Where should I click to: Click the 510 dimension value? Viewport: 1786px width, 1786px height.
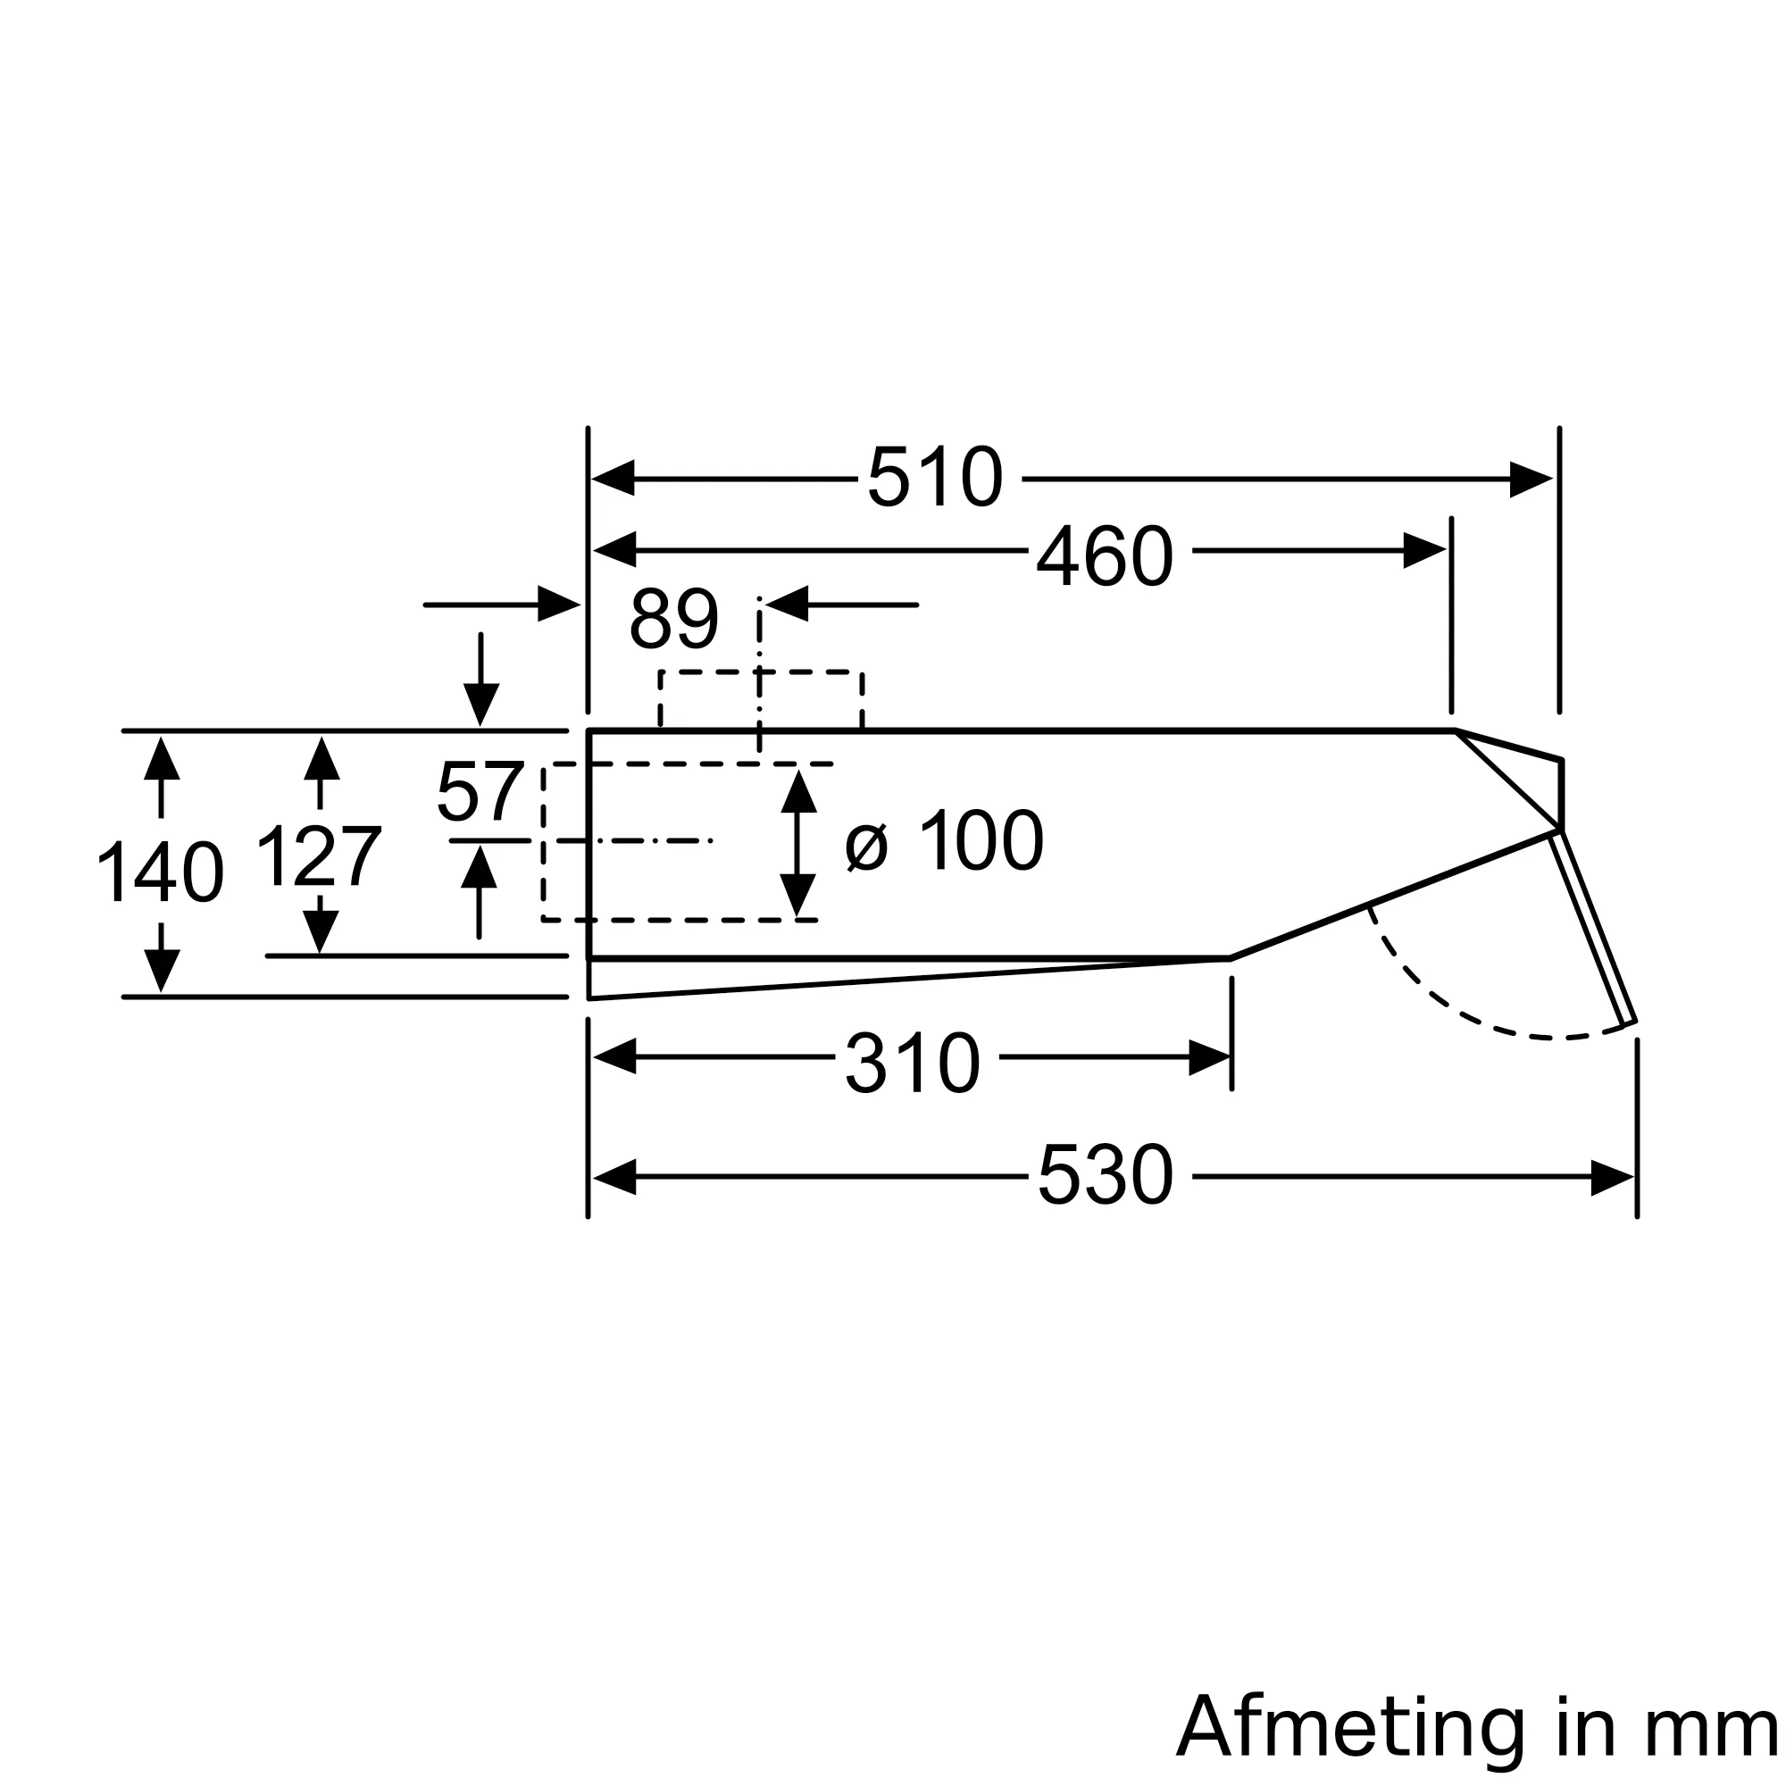click(935, 478)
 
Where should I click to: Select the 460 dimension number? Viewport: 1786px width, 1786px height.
click(1105, 556)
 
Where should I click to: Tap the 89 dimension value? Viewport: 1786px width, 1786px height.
click(674, 619)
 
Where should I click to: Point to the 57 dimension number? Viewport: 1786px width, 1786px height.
click(480, 791)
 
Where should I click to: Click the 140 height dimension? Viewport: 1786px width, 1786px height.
click(160, 871)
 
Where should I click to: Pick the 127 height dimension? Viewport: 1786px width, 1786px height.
click(319, 857)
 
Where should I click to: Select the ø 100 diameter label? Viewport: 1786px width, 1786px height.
click(944, 840)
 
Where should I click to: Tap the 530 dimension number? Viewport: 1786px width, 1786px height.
click(1105, 1176)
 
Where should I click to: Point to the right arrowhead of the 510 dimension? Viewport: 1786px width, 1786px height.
click(1531, 479)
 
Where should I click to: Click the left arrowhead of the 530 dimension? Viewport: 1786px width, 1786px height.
click(613, 1177)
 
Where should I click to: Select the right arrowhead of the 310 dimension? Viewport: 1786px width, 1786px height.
click(1209, 1057)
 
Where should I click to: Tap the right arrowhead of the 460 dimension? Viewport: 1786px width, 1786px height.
click(1424, 551)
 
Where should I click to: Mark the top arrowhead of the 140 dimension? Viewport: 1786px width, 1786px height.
click(162, 759)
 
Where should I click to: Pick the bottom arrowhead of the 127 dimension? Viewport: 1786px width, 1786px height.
click(320, 931)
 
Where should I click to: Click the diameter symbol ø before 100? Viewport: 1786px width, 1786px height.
click(866, 845)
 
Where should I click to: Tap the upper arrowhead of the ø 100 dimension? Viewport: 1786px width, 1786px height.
click(798, 791)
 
